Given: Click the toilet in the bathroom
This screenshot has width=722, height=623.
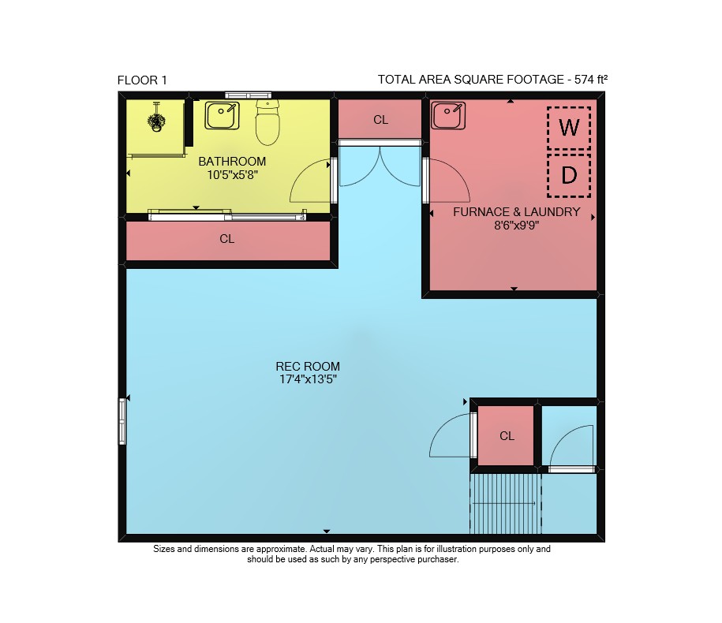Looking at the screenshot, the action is pos(267,122).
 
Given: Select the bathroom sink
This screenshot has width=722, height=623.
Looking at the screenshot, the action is pos(223,115).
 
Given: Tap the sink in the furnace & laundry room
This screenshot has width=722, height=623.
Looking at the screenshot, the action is pos(448,115).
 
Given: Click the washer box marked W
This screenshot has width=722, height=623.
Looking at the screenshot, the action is pos(569,128).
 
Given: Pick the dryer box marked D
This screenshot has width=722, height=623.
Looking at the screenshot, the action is pos(569,175).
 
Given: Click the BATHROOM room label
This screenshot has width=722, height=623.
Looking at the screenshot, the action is pos(232,162).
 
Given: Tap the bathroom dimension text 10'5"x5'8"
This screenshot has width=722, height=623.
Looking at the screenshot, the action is pos(232,175).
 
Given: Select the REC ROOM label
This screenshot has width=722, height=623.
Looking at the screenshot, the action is pos(308,366).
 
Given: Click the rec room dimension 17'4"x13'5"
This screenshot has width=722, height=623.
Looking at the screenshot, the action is pos(308,379).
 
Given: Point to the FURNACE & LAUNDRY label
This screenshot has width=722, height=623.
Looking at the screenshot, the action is pos(517,212).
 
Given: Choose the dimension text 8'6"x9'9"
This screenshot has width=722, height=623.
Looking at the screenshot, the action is pos(517,226).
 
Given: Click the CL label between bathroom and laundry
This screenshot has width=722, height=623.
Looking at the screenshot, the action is pos(381,120).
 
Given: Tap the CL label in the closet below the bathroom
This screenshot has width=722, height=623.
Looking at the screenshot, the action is pos(227,239).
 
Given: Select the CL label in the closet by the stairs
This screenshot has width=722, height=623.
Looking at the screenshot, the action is pos(507,436).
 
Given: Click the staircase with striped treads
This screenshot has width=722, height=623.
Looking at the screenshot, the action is pos(506,504).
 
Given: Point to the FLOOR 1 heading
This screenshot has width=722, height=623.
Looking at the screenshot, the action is pos(142,80).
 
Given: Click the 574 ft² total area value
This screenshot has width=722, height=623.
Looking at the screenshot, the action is pos(591,79).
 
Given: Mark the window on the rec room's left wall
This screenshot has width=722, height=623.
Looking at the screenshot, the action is pos(122,421).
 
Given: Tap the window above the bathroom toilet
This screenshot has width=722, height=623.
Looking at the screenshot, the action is pos(248,95).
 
